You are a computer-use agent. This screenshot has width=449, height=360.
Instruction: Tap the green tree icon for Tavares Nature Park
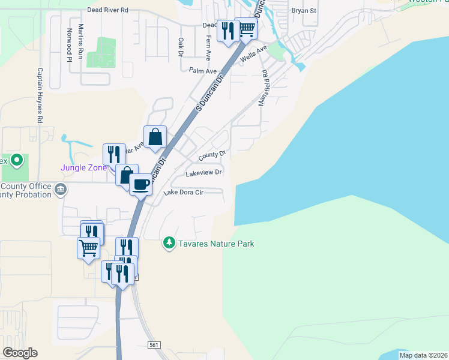[170, 243]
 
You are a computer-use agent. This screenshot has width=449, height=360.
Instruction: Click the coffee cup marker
[140, 184]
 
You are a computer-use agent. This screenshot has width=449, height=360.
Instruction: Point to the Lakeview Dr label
[204, 173]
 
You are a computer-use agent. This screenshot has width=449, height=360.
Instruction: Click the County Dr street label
[212, 155]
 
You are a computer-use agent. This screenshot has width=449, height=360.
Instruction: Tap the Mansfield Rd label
[263, 88]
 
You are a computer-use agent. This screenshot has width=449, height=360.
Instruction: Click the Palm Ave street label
[202, 71]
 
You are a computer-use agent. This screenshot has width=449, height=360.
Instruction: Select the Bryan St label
[303, 11]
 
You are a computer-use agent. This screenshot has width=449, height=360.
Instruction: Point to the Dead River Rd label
[107, 10]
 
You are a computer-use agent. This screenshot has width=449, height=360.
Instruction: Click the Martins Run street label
[80, 43]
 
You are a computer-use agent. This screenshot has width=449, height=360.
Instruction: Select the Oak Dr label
[181, 47]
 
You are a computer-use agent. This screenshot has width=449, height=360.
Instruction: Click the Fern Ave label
[208, 47]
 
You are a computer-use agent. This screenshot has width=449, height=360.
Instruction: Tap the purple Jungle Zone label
[83, 167]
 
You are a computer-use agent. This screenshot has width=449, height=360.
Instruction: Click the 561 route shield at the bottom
[154, 344]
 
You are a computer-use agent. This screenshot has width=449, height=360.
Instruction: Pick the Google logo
[20, 353]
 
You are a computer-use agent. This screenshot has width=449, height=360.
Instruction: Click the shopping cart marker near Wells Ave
[246, 29]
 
